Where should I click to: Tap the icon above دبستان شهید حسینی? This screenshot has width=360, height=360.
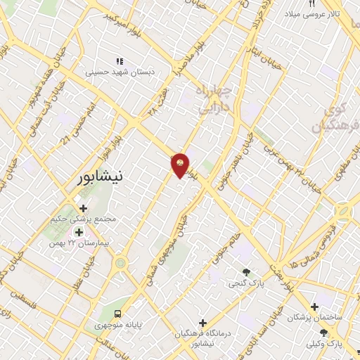(x=120, y=62)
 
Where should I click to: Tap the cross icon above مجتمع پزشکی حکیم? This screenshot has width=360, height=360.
(x=83, y=208)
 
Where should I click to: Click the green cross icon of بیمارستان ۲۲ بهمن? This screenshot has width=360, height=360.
(x=79, y=232)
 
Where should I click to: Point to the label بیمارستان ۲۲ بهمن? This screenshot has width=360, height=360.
(x=82, y=243)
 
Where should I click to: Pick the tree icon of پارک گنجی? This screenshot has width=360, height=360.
(x=246, y=272)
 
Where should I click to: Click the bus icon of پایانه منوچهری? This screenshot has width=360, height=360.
(x=117, y=314)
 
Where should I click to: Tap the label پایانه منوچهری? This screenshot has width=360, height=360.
(x=117, y=325)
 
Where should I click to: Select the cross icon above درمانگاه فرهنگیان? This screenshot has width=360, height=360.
(x=203, y=322)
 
